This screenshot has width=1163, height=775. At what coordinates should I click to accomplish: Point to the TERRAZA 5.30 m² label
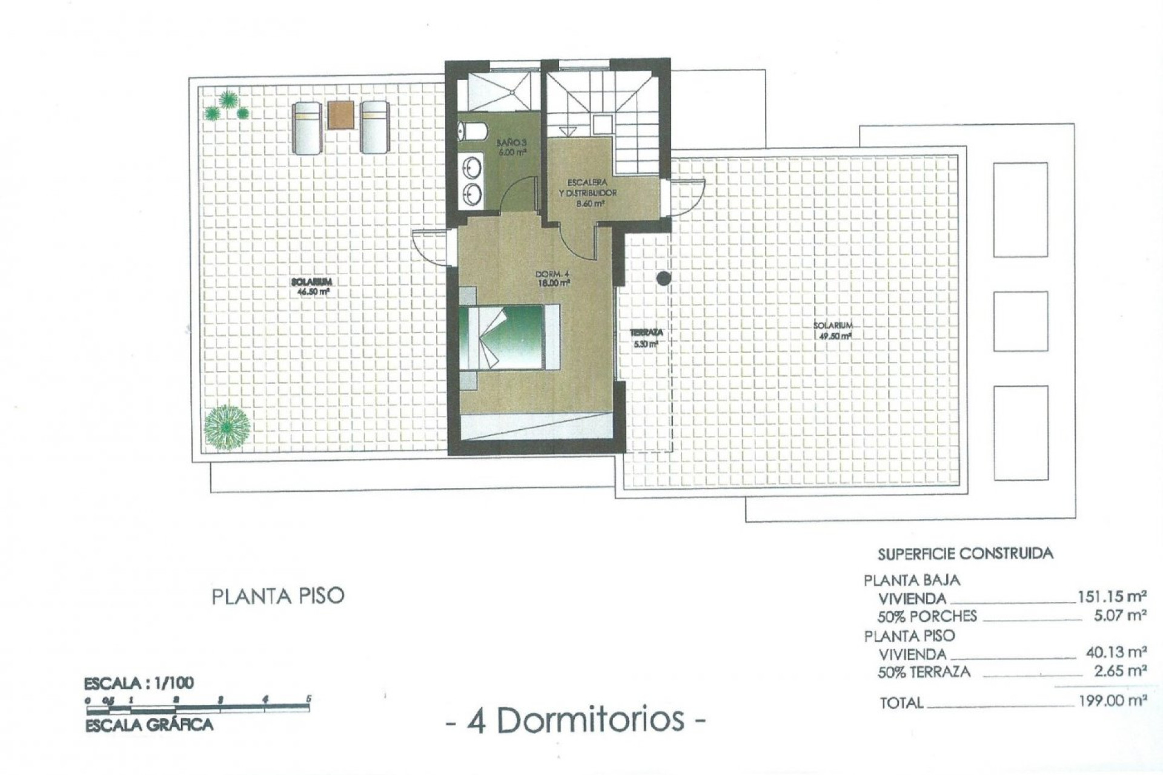click(646, 338)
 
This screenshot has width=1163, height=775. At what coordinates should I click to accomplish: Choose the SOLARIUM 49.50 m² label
click(832, 330)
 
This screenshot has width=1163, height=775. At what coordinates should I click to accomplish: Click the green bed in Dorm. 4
click(508, 337)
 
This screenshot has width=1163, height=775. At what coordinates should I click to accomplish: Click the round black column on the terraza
click(664, 279)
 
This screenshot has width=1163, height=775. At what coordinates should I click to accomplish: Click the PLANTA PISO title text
click(278, 596)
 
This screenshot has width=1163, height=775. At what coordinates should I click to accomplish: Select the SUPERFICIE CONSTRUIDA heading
click(965, 553)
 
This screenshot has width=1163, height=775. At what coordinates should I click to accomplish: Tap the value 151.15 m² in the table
click(1112, 596)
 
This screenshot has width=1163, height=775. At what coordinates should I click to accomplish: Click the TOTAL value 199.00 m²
click(1112, 701)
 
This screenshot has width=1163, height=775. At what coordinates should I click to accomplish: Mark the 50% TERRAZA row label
click(924, 671)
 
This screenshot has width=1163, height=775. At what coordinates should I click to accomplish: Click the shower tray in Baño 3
click(497, 92)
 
